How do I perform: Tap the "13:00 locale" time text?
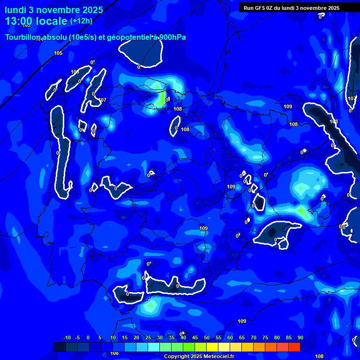pos(36,21)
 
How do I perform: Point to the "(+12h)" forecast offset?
pos(81,21)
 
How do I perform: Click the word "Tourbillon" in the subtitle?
pos(23,37)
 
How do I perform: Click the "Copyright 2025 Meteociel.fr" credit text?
pos(199,357)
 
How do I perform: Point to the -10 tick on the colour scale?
pos(67,337)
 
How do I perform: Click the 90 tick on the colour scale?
pos(300,337)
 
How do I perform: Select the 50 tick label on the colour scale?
pos(207,337)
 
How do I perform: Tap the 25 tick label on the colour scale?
pos(148,337)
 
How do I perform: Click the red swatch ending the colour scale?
pos(294,347)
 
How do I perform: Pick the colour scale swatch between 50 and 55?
pos(212,347)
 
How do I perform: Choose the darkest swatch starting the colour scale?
pos(60,347)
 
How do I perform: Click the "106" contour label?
pos(75,72)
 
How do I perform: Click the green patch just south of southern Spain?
pos(150,306)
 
